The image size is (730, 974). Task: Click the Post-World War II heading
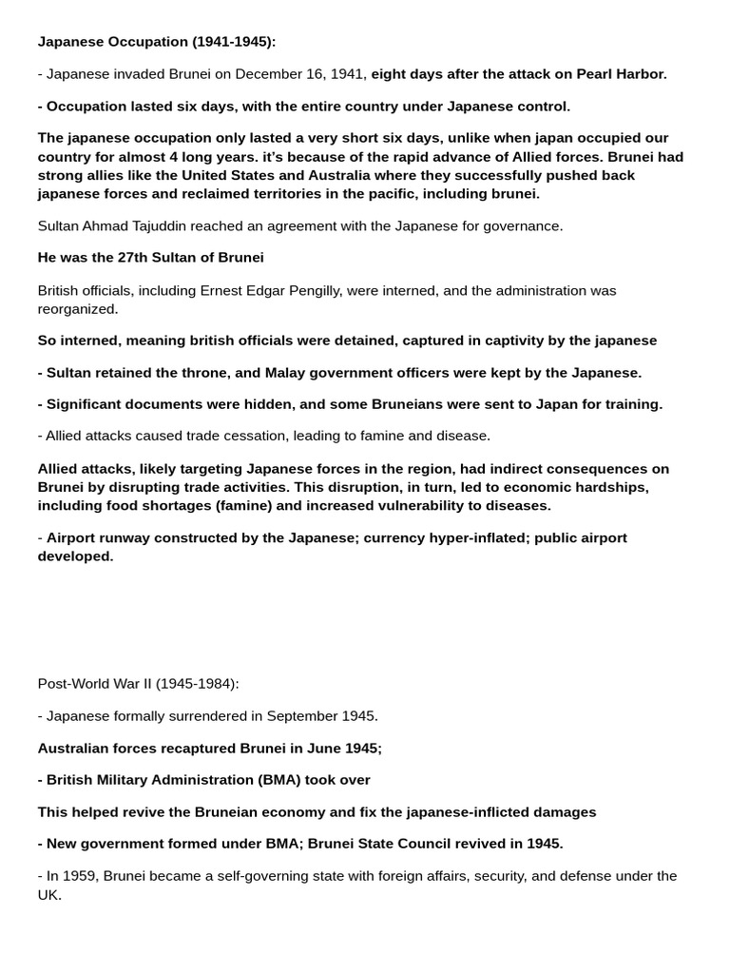pos(138,684)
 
